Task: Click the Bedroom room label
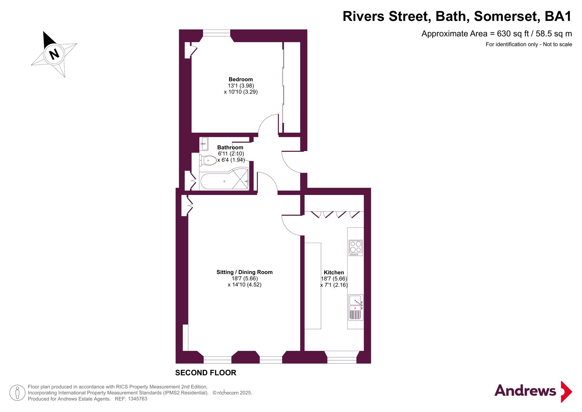pos(241,79)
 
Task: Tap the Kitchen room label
pos(334,273)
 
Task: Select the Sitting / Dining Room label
pos(244,272)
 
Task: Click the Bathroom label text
pos(230,148)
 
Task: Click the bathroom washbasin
pos(204,144)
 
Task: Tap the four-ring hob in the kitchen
pos(356,248)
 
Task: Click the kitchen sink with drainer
pos(356,308)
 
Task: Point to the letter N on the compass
pos(54,54)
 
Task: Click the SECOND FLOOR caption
pos(206,373)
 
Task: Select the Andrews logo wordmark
pos(525,391)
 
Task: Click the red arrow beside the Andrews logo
pos(566,392)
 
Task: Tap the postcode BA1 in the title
pos(558,16)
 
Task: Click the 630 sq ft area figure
pos(513,34)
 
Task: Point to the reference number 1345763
pos(137,399)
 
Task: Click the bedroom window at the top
pos(217,33)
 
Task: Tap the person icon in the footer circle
pos(17,393)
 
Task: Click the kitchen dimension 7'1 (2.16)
pos(334,285)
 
